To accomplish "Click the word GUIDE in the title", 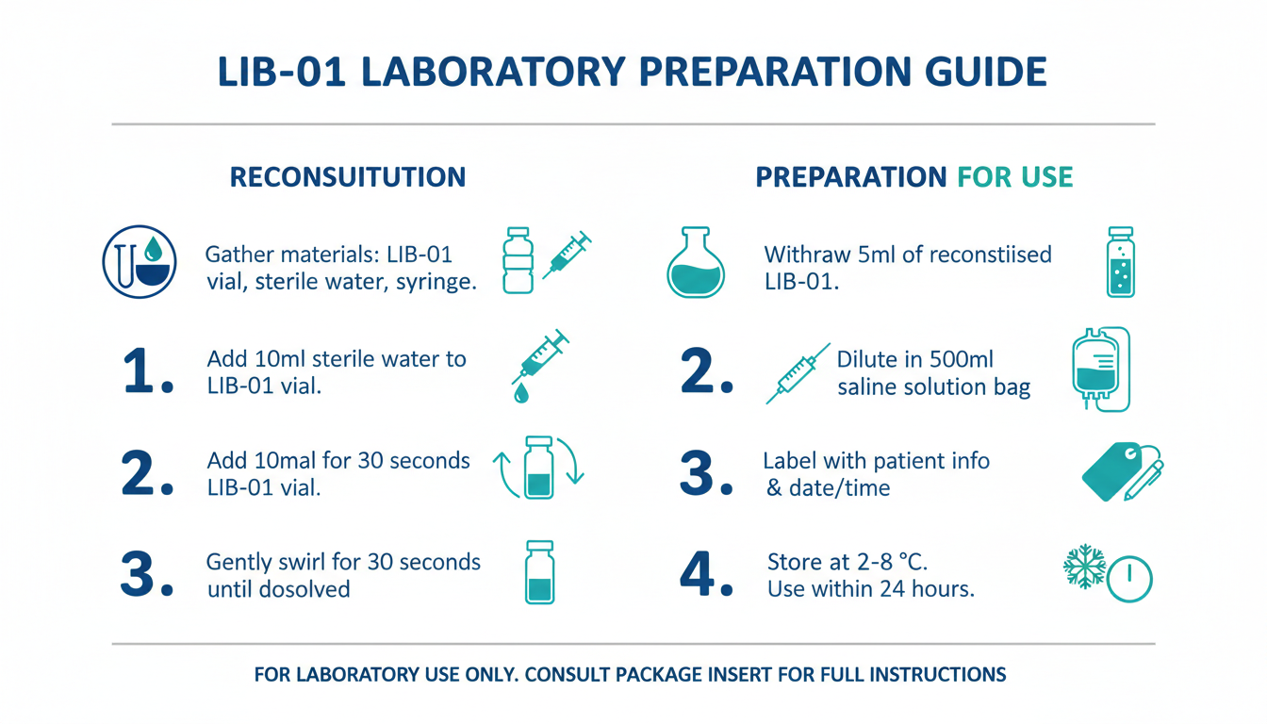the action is coord(985,72).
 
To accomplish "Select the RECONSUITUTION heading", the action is coord(348,177).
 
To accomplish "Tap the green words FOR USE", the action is coord(1014,177).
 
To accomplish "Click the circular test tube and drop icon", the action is coord(140,262).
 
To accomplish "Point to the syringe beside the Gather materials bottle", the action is coord(567,255).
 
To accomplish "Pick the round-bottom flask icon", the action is coord(696,262).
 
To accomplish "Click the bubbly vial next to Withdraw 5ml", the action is coord(1121,262).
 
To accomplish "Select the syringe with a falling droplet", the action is coord(539,366).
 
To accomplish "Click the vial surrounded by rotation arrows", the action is coord(539,468).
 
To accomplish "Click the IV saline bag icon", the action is coord(1101,370).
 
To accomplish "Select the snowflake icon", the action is coord(1084,567).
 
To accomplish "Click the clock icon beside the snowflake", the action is coord(1129,579).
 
